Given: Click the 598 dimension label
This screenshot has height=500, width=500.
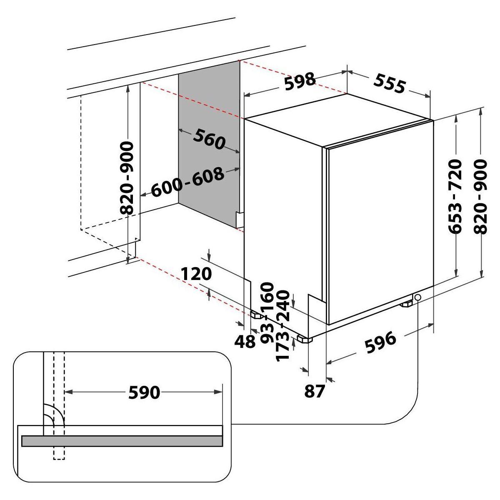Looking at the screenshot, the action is click(x=300, y=82).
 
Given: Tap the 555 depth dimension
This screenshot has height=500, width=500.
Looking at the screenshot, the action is click(x=389, y=83).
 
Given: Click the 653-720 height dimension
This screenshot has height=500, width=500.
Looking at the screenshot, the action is click(x=455, y=196).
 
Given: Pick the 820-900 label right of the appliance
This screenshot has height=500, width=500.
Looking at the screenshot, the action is click(x=480, y=197).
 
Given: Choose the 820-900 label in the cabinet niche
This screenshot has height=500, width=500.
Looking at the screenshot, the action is click(x=127, y=178).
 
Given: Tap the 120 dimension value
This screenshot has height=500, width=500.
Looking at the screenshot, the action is click(x=196, y=274).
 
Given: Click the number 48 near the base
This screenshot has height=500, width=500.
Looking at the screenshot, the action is click(x=245, y=342).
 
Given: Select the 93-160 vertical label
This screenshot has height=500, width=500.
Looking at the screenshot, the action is click(x=267, y=313).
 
